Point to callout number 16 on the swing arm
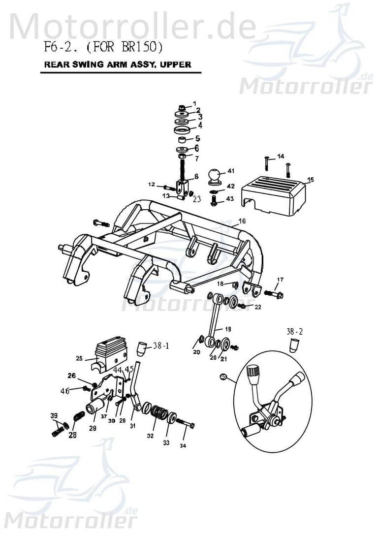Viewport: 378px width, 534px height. [x=242, y=222]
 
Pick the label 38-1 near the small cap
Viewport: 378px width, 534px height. [x=160, y=346]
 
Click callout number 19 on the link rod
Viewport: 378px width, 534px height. [x=227, y=329]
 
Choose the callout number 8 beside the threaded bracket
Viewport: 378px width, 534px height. [x=196, y=176]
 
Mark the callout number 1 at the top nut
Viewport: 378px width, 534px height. [x=194, y=103]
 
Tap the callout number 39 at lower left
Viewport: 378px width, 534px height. [x=54, y=416]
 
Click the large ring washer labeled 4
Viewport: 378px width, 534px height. [x=183, y=129]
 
